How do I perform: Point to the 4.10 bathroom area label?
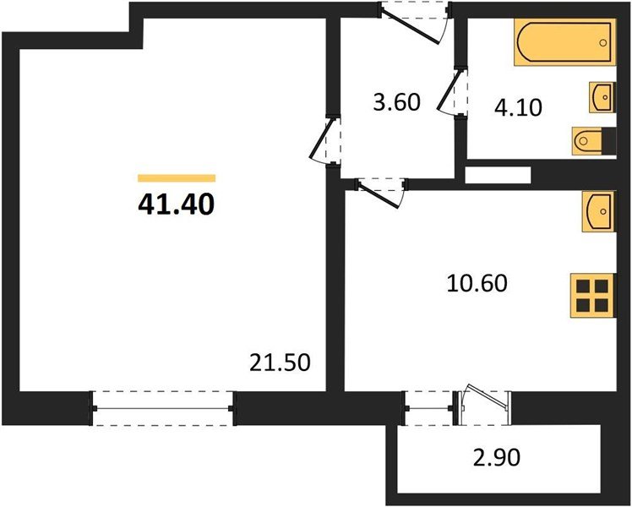pyautogui.click(x=517, y=107)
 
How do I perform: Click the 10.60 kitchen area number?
pyautogui.click(x=477, y=283)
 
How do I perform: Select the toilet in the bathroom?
pyautogui.click(x=588, y=140)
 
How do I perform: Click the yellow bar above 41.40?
pyautogui.click(x=177, y=178)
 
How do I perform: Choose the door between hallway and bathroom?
pyautogui.click(x=457, y=94)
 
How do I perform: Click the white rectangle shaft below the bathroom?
pyautogui.click(x=497, y=176)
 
